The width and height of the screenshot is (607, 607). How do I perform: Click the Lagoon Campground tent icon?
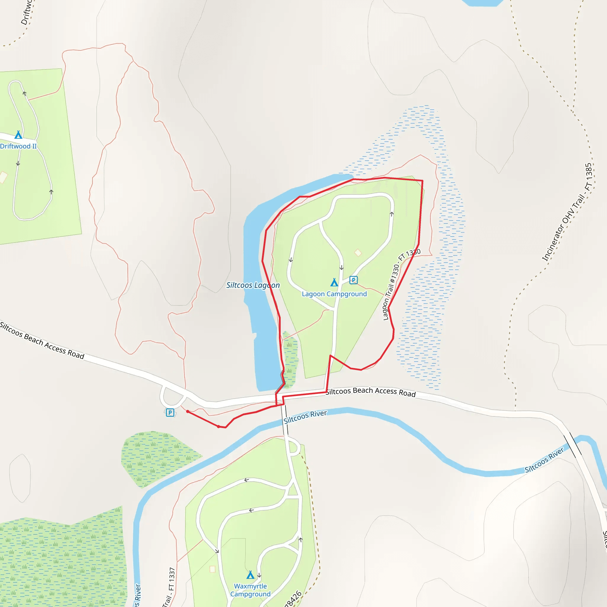[334, 282]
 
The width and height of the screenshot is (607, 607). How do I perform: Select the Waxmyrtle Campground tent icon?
[250, 575]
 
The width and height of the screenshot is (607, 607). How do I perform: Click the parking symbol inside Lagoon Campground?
[354, 279]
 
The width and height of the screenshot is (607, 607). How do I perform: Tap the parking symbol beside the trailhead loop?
[170, 413]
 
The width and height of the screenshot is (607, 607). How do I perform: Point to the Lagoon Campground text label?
[334, 294]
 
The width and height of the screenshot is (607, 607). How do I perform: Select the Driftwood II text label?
[18, 146]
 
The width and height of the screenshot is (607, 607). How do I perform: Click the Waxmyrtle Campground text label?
[250, 590]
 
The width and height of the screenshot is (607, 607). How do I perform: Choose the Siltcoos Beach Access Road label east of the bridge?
[370, 392]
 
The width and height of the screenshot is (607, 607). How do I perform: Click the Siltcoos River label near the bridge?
[305, 417]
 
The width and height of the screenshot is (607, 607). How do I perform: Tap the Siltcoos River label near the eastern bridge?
[544, 460]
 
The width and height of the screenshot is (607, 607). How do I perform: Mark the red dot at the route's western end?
[188, 412]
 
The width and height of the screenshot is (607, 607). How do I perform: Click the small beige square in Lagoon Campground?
[358, 253]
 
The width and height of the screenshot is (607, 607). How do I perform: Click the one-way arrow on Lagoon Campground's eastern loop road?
[392, 214]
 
